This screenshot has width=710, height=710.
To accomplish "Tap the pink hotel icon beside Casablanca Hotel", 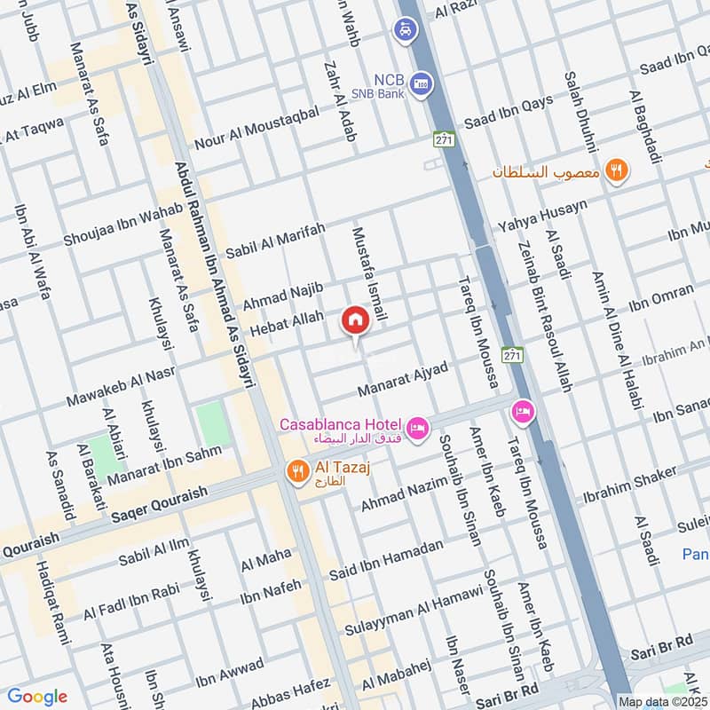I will pos(419,428).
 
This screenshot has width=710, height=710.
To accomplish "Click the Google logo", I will pos(36,697).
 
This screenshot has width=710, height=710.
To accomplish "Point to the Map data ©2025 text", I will pos(662,701).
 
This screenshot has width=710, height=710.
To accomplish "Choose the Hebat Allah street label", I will pos(287,329).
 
